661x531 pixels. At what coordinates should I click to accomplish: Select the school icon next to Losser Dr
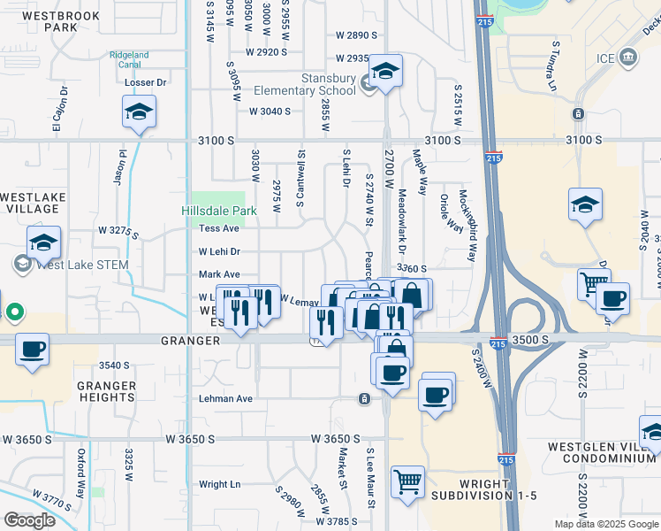coord(140,112)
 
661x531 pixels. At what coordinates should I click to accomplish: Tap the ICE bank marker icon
coord(629,58)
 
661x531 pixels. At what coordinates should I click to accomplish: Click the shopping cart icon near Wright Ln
coord(408,482)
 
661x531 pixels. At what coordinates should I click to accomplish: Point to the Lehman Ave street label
coord(225,399)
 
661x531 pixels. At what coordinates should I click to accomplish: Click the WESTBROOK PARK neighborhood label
coord(62,21)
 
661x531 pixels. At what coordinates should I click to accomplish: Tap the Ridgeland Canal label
coord(129,60)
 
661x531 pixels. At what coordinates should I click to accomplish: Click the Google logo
coord(29,520)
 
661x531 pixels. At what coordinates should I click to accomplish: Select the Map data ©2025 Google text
coord(606,524)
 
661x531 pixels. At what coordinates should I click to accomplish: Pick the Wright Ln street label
coord(219,484)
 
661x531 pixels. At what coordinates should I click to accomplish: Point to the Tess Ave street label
coord(219,228)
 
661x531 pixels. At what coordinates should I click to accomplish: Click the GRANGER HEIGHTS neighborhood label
coord(106,391)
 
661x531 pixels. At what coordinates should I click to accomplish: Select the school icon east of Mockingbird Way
coord(585,205)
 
